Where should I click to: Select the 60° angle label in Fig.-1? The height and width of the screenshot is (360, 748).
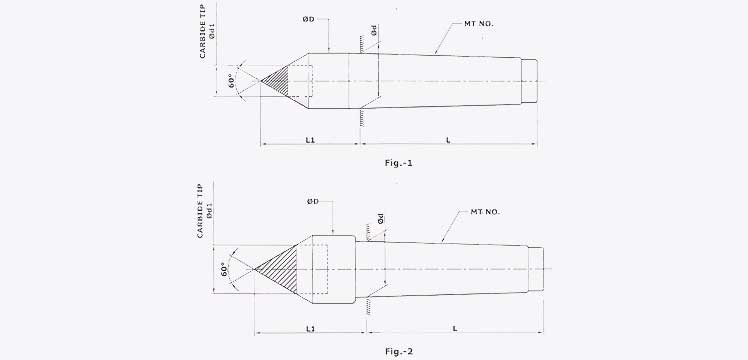click(x=233, y=79)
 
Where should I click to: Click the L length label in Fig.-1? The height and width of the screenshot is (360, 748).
click(x=447, y=141)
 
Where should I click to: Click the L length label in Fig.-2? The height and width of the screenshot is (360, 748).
click(x=455, y=327)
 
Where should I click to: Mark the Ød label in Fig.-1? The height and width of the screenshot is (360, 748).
click(x=373, y=32)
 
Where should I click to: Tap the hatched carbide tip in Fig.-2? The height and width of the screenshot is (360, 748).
click(x=279, y=267)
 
